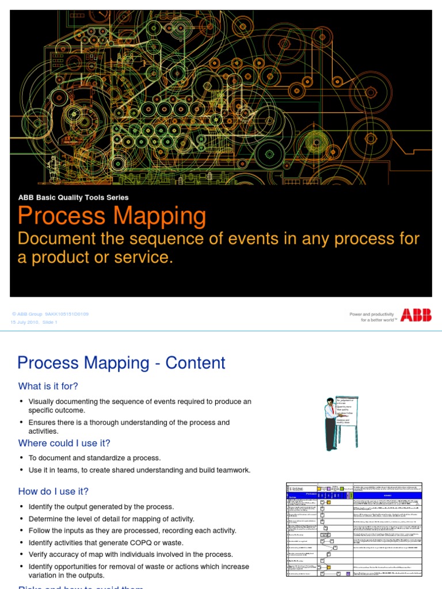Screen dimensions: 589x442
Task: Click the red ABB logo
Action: click(416, 315)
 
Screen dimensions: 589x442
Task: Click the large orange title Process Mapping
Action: click(112, 216)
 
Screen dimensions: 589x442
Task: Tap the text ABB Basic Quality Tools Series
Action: click(73, 197)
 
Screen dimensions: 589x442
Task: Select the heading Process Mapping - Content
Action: click(121, 363)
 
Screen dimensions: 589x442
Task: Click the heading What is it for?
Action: click(48, 385)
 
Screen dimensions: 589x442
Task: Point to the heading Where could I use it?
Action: click(64, 443)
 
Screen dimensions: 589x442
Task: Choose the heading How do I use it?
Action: click(54, 491)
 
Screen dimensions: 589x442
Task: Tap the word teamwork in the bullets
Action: click(231, 470)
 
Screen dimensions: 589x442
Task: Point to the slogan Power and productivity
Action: click(372, 314)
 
